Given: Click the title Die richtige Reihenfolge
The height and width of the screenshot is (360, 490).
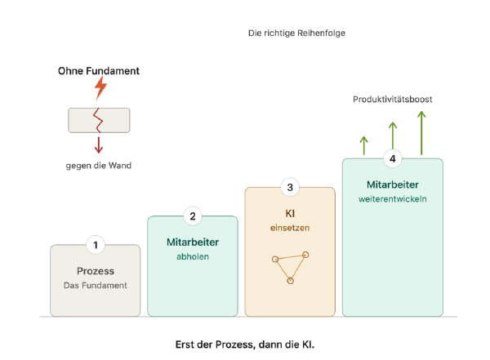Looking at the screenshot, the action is (296, 33).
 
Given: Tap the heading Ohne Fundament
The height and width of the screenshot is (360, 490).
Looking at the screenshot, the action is (99, 71).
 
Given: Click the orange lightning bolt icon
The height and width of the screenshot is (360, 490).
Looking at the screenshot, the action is (100, 88).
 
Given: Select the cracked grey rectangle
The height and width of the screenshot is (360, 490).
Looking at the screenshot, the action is (99, 120).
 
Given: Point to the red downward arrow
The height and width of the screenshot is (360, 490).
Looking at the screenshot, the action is (99, 144).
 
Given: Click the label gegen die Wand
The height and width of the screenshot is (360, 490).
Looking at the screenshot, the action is (99, 166).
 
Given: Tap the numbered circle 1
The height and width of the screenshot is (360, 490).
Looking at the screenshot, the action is (96, 245).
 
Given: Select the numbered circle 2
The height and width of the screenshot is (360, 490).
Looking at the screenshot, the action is (193, 216).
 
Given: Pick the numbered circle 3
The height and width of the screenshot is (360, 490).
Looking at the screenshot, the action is (290, 187).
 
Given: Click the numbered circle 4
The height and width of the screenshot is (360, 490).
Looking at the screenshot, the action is (393, 158).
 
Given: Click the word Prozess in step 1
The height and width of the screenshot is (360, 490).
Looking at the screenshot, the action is (96, 271).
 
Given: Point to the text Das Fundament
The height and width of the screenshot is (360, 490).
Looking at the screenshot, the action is (96, 286).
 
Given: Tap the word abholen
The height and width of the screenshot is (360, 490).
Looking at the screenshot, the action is (193, 256).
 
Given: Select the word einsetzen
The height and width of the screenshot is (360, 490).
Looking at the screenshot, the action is (290, 228).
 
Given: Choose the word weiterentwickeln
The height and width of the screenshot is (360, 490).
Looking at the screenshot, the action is (393, 199).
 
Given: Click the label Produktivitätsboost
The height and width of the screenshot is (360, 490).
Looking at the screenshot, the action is (393, 100).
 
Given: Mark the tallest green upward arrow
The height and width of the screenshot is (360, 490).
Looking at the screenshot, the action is (421, 133).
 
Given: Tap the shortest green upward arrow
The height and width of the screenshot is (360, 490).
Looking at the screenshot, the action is (363, 145).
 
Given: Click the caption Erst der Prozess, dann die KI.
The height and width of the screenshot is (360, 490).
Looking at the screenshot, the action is (245, 344).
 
